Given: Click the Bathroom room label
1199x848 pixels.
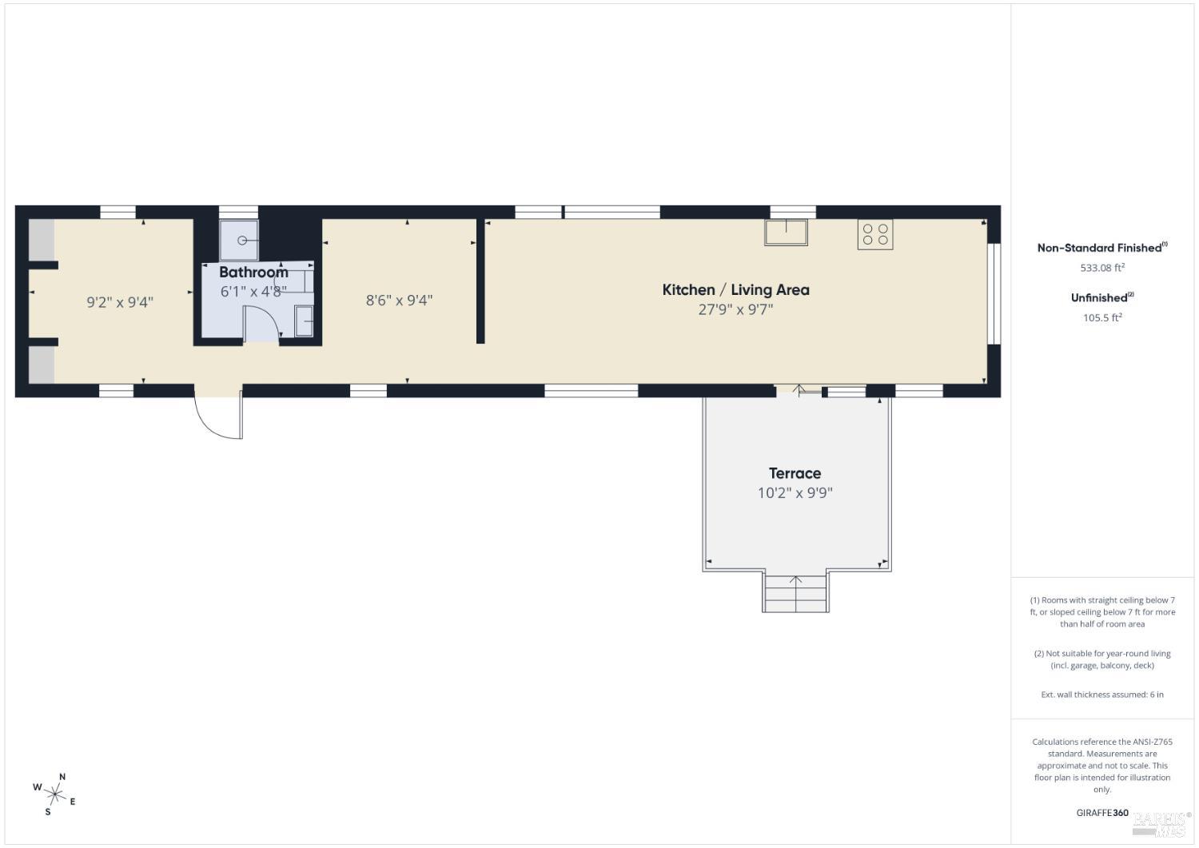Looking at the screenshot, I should [x=253, y=272].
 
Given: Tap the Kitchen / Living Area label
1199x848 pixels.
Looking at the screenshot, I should [x=735, y=289].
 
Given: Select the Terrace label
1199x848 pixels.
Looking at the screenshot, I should [x=795, y=473].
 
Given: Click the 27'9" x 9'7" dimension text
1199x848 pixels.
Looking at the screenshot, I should [x=735, y=309].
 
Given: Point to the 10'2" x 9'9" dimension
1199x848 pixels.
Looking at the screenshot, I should [x=795, y=493].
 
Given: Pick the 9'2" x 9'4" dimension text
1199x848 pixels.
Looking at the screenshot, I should [x=120, y=302].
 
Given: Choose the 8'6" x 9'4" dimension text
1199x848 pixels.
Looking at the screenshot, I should [x=399, y=301].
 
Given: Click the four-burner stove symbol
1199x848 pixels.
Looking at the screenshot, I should [x=874, y=234].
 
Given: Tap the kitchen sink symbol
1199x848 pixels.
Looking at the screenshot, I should [x=786, y=232].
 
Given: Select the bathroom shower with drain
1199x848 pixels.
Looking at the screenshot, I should [x=239, y=241].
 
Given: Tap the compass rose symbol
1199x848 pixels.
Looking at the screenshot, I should [x=55, y=794].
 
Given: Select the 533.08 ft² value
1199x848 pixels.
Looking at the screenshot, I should [x=1102, y=268].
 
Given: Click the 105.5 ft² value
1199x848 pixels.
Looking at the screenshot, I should [x=1102, y=317].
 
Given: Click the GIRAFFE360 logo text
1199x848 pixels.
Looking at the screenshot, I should [x=1102, y=813].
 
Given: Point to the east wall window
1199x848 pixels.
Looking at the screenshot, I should [x=994, y=293].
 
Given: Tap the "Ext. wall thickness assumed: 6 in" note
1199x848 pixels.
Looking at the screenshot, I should [x=1102, y=695].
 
